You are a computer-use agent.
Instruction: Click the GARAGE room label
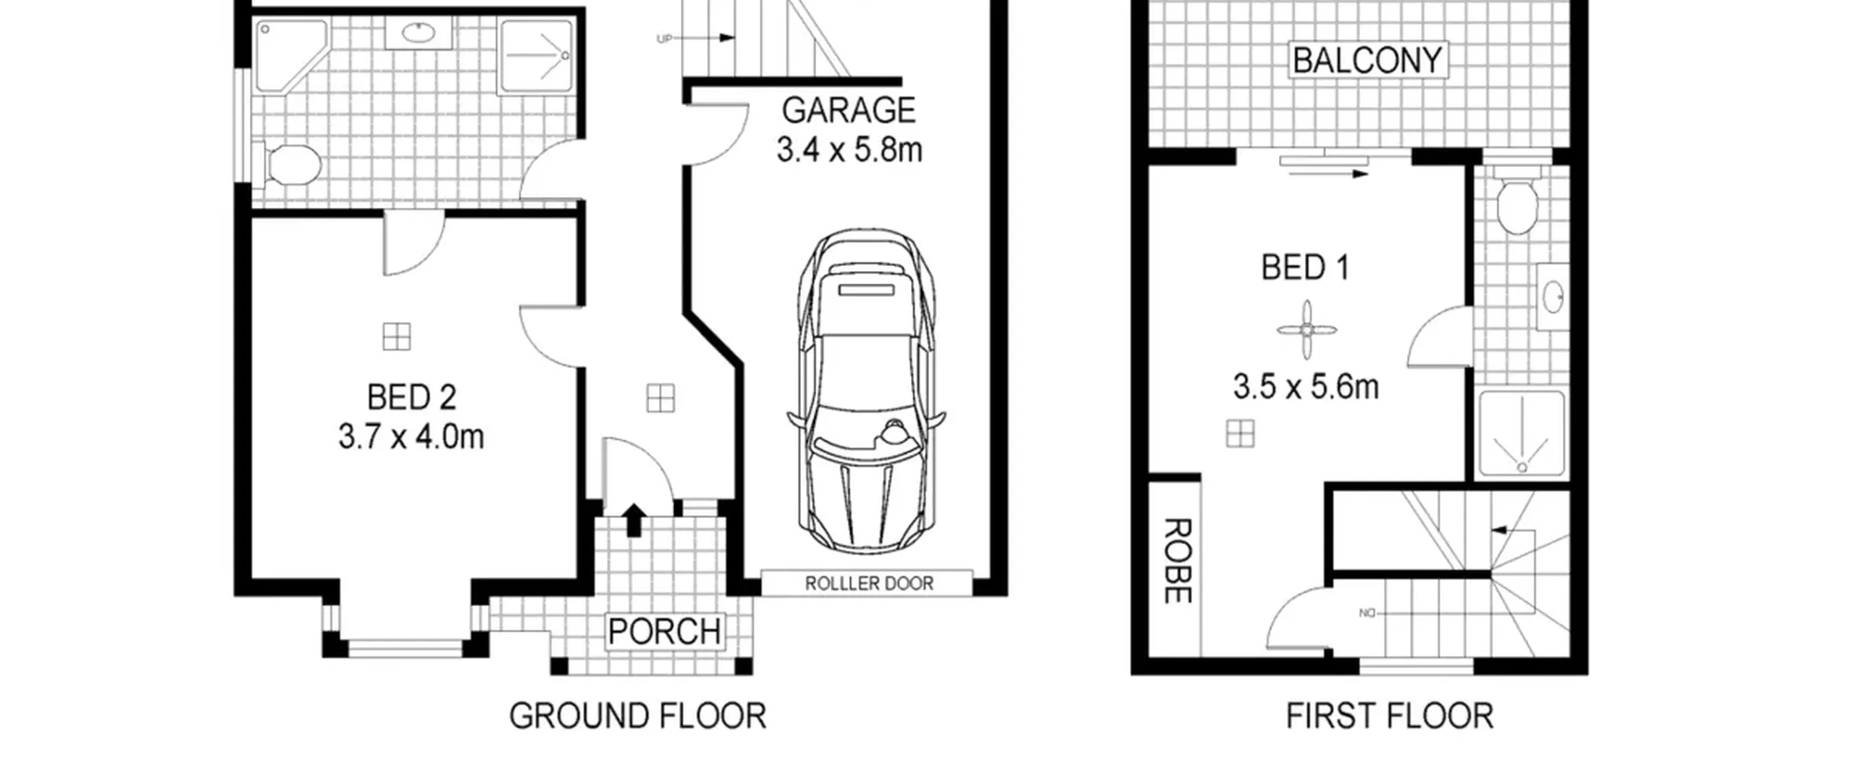click(x=848, y=111)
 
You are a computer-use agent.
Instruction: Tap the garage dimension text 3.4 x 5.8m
click(x=849, y=150)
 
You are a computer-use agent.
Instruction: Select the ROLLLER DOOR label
click(x=869, y=583)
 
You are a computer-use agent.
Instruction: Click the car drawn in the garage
click(x=866, y=389)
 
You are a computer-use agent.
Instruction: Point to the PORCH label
click(x=664, y=632)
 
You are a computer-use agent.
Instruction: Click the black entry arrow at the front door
click(x=634, y=520)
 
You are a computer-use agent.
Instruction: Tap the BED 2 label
click(x=411, y=398)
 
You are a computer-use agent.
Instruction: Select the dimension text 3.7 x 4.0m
click(x=411, y=437)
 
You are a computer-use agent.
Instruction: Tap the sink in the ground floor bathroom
click(x=418, y=33)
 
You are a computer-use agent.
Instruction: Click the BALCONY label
click(x=1367, y=60)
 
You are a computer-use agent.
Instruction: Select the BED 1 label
click(x=1305, y=267)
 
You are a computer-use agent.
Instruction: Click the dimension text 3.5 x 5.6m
click(x=1306, y=387)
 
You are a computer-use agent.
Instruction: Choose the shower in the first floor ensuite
click(x=1522, y=434)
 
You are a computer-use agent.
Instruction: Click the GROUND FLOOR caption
click(x=637, y=717)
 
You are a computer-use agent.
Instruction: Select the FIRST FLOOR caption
click(x=1389, y=717)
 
